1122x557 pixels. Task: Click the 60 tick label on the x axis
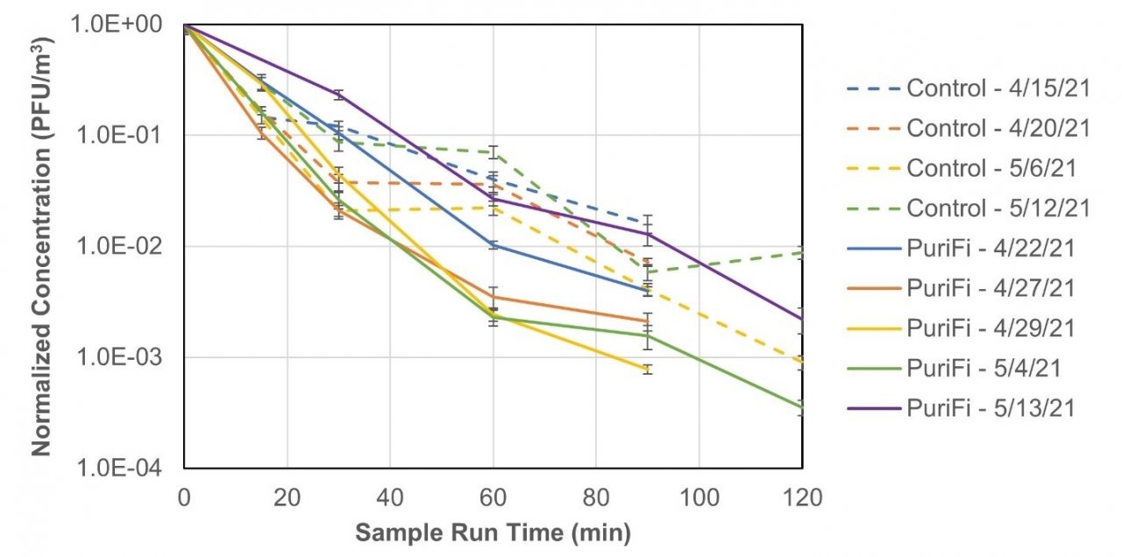[493, 499]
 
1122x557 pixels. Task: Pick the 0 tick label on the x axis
[184, 499]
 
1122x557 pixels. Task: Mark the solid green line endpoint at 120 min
[801, 407]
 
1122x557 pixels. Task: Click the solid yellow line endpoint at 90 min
[647, 370]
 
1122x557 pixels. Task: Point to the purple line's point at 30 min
[338, 95]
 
